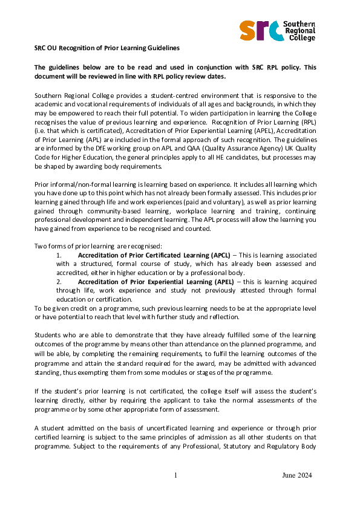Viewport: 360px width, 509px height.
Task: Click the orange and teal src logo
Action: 261,30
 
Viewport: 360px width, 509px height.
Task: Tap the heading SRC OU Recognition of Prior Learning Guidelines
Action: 107,48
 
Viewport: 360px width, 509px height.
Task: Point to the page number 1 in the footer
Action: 175,476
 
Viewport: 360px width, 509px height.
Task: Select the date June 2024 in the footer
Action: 297,476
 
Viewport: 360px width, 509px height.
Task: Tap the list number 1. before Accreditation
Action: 59,256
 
